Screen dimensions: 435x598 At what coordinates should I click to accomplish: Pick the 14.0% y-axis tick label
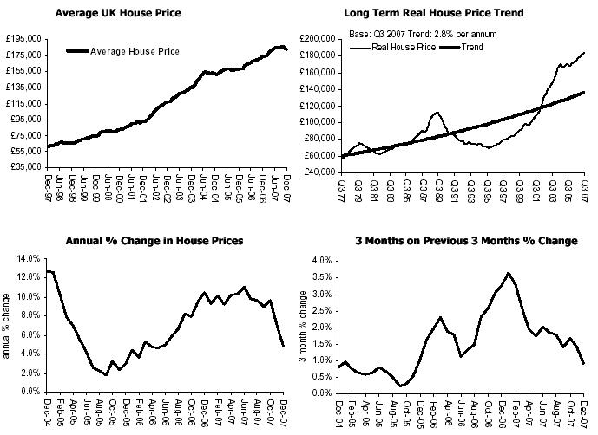tap(29, 259)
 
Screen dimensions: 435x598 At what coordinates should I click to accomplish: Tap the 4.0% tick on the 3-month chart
tap(322, 260)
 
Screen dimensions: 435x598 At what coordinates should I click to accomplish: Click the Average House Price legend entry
tap(135, 52)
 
